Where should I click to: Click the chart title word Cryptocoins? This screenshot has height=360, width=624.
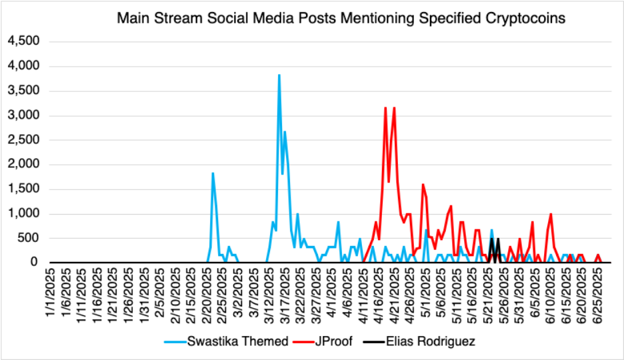click(528, 19)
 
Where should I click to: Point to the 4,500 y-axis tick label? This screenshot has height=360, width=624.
click(25, 41)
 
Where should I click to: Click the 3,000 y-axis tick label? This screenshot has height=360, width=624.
click(25, 115)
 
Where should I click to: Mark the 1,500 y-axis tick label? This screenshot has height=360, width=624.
click(25, 189)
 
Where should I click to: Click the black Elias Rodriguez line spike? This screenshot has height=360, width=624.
click(497, 241)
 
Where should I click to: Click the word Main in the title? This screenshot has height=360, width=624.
click(131, 19)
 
